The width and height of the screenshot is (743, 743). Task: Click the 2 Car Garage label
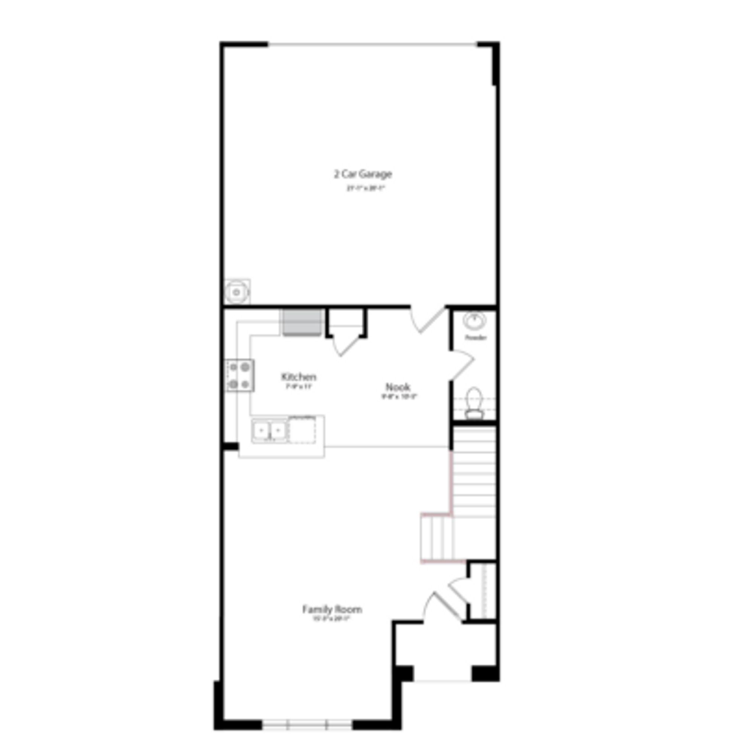363,174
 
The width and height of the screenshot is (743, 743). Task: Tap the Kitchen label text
298,376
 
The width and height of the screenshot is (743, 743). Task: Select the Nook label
398,387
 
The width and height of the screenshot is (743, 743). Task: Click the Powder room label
476,338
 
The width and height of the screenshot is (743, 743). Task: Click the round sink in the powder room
474,320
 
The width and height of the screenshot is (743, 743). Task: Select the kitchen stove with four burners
240,375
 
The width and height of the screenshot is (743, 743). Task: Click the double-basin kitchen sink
269,431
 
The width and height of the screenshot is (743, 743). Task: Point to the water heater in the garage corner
237,292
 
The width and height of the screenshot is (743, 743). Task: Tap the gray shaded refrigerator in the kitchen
302,322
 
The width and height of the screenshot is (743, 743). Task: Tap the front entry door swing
442,608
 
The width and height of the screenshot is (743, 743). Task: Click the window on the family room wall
307,724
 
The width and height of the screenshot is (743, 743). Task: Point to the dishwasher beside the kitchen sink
302,430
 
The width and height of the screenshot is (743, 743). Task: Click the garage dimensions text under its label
365,188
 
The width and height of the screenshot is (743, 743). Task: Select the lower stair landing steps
437,538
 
